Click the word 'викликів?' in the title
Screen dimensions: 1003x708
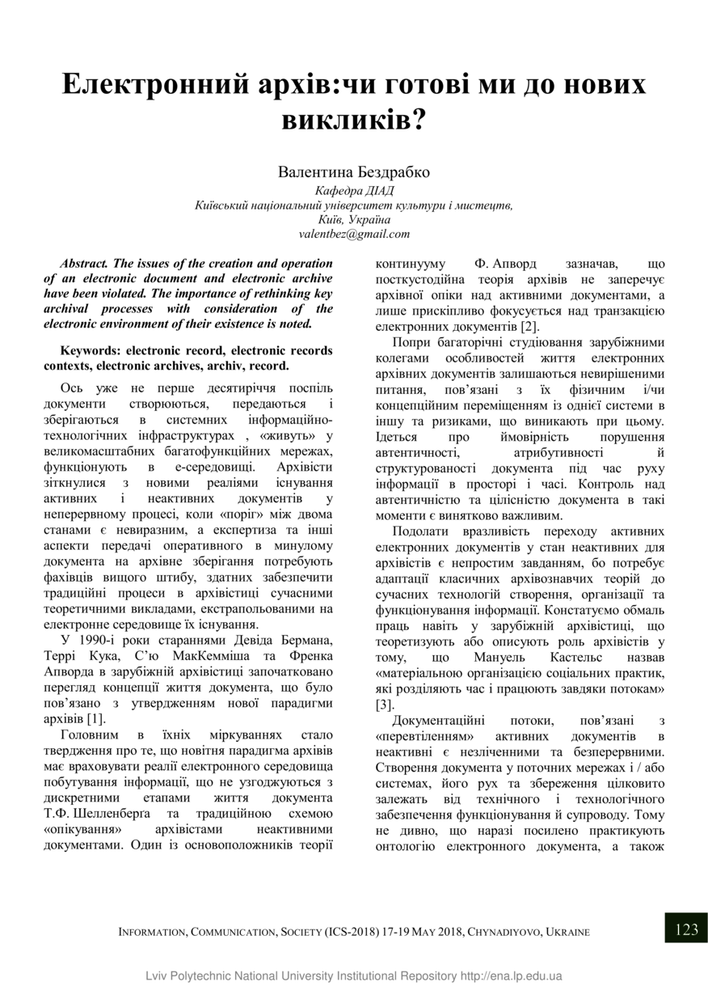click(353, 119)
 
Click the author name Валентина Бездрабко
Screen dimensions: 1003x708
click(353, 172)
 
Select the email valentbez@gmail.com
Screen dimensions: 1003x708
click(354, 234)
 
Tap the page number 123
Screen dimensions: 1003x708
click(685, 929)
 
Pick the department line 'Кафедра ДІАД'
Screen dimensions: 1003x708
click(353, 191)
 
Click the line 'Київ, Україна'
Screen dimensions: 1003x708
click(354, 220)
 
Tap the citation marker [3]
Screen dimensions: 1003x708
click(386, 704)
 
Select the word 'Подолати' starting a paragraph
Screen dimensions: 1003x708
click(417, 531)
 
